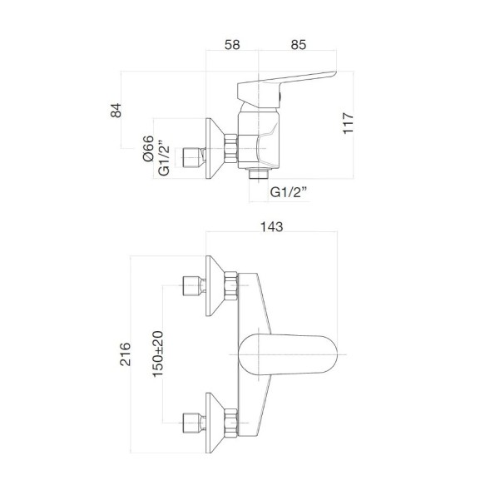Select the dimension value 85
click(x=299, y=45)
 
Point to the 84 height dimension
click(x=116, y=110)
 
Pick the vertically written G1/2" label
click(x=164, y=156)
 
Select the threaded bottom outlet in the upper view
click(x=259, y=176)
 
